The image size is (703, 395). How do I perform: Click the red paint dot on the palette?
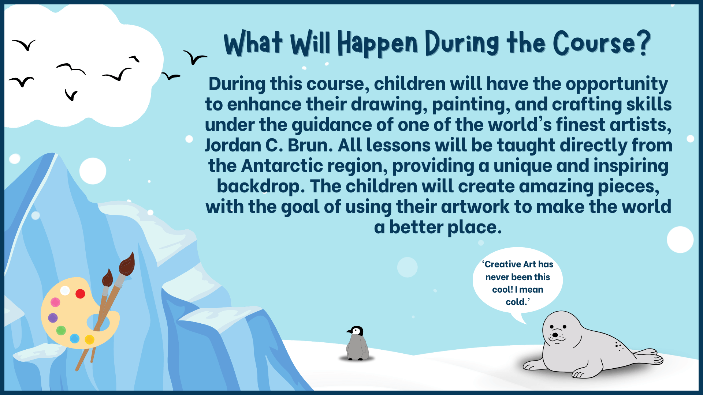[x=80, y=294]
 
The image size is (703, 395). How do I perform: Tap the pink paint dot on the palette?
[x=55, y=302]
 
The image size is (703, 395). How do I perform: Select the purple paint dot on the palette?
[x=53, y=318]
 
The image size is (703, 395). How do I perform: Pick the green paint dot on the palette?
[x=61, y=331]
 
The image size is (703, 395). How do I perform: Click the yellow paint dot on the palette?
[x=89, y=340]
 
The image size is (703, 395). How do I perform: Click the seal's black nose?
[x=555, y=335]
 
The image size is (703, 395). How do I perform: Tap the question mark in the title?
[x=643, y=43]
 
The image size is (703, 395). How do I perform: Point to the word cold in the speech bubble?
[x=516, y=302]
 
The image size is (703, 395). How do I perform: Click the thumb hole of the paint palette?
[x=98, y=322]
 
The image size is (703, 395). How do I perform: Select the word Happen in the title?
[x=377, y=43]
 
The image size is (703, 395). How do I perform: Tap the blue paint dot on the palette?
[x=75, y=338]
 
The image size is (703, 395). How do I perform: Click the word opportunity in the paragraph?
[x=617, y=84]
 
